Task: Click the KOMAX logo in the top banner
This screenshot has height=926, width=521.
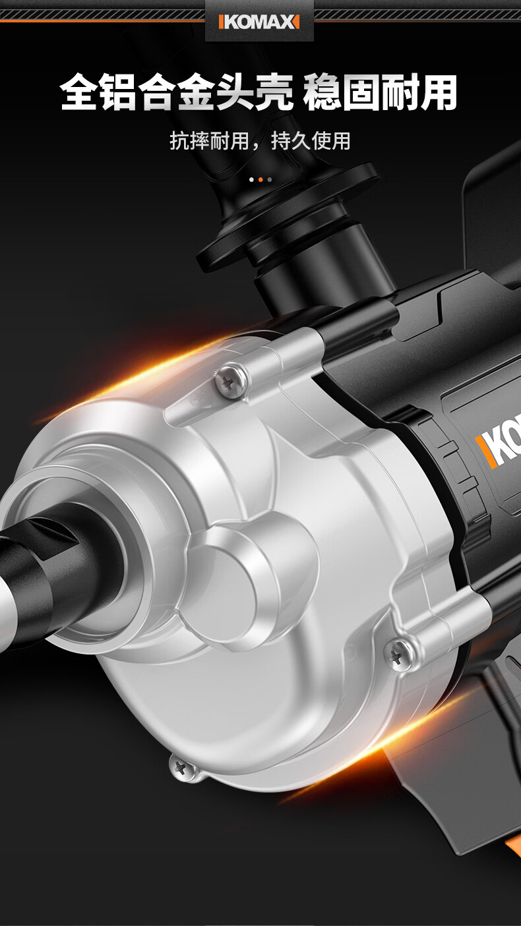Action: coord(259,22)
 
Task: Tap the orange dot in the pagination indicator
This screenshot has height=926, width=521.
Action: coord(260,179)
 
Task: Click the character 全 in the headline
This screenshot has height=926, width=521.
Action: coord(79,92)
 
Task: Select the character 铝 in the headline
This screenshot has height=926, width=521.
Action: coord(118,92)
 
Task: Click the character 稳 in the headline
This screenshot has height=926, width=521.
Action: coord(322,92)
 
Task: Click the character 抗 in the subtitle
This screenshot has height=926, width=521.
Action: coord(179,141)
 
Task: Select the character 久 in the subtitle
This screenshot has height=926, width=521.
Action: coord(301,141)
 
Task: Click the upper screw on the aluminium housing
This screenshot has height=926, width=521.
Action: coord(230,380)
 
